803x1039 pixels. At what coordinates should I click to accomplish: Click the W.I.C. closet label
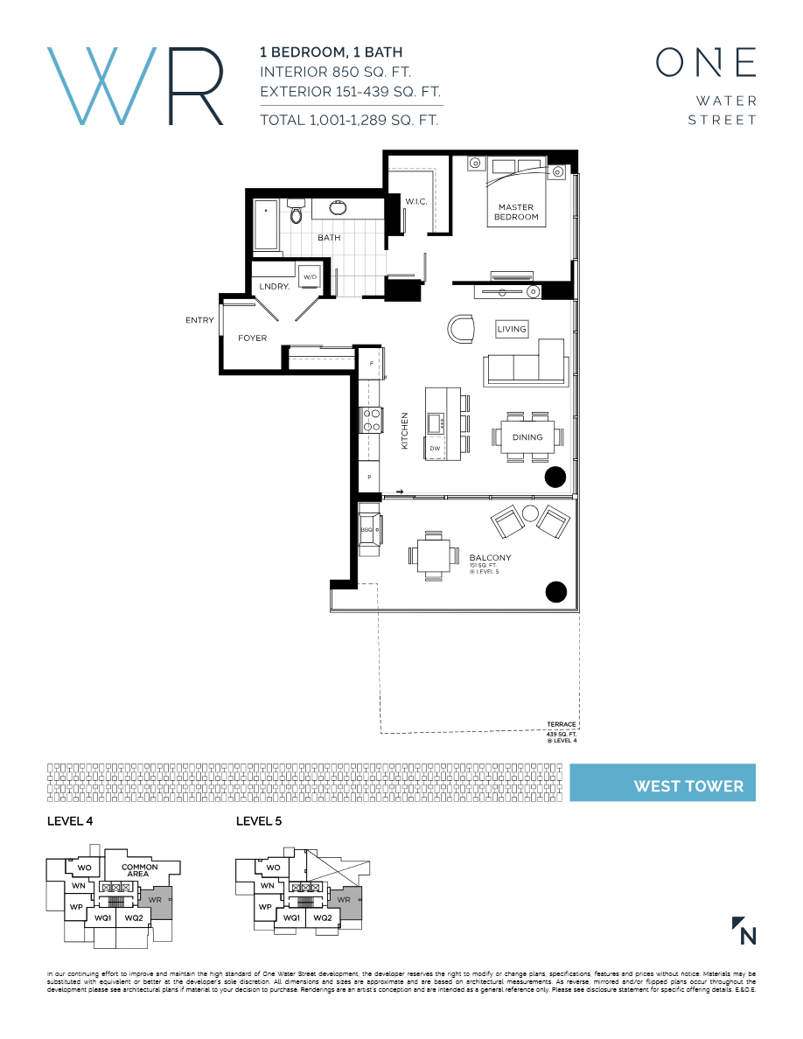(x=415, y=202)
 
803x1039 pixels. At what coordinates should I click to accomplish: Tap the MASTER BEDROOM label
(x=516, y=212)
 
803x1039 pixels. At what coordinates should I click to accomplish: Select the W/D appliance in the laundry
(x=310, y=277)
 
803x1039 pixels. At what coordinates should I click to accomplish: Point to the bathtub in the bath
(x=265, y=227)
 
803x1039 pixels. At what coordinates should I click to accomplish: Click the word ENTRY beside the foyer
(x=199, y=320)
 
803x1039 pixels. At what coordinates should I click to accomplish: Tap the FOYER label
(x=252, y=338)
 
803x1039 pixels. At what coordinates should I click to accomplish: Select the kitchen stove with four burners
(x=372, y=421)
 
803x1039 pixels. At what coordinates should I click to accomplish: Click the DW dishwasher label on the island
(x=435, y=449)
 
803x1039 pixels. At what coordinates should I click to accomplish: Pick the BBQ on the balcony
(x=368, y=530)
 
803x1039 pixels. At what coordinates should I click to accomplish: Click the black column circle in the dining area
(x=555, y=477)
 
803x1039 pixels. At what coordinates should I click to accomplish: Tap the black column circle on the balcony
(x=555, y=592)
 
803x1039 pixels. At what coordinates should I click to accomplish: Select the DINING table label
(x=527, y=437)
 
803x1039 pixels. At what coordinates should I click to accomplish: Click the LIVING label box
(x=512, y=329)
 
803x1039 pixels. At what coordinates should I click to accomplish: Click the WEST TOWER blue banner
(x=662, y=783)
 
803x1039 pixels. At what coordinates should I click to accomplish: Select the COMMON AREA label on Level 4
(x=140, y=870)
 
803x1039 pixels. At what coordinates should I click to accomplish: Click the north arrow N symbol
(x=744, y=931)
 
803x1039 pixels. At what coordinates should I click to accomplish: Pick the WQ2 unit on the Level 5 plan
(x=322, y=917)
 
